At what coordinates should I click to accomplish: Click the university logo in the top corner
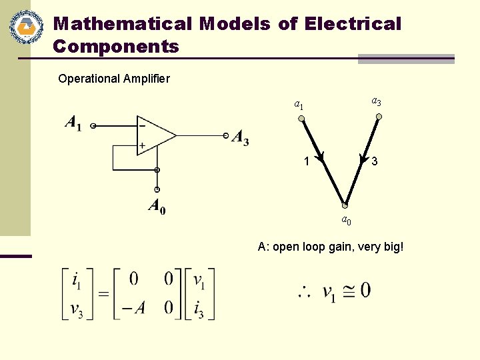pos(26,28)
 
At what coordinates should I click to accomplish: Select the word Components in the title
pos(116,47)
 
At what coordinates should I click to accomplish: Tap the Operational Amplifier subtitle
pos(114,79)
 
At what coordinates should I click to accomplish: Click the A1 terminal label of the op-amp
pos(73,123)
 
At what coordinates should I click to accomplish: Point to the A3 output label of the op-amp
pos(240,138)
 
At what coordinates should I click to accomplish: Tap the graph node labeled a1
pos(301,119)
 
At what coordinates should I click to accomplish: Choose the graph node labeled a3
pos(379,117)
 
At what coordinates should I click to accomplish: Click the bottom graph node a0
pos(345,205)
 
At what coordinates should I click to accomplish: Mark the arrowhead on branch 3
pos(363,159)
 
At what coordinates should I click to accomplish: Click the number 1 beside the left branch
pos(306,161)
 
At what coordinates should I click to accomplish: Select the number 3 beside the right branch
pos(376,161)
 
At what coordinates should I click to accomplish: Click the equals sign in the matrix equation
pos(103,294)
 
